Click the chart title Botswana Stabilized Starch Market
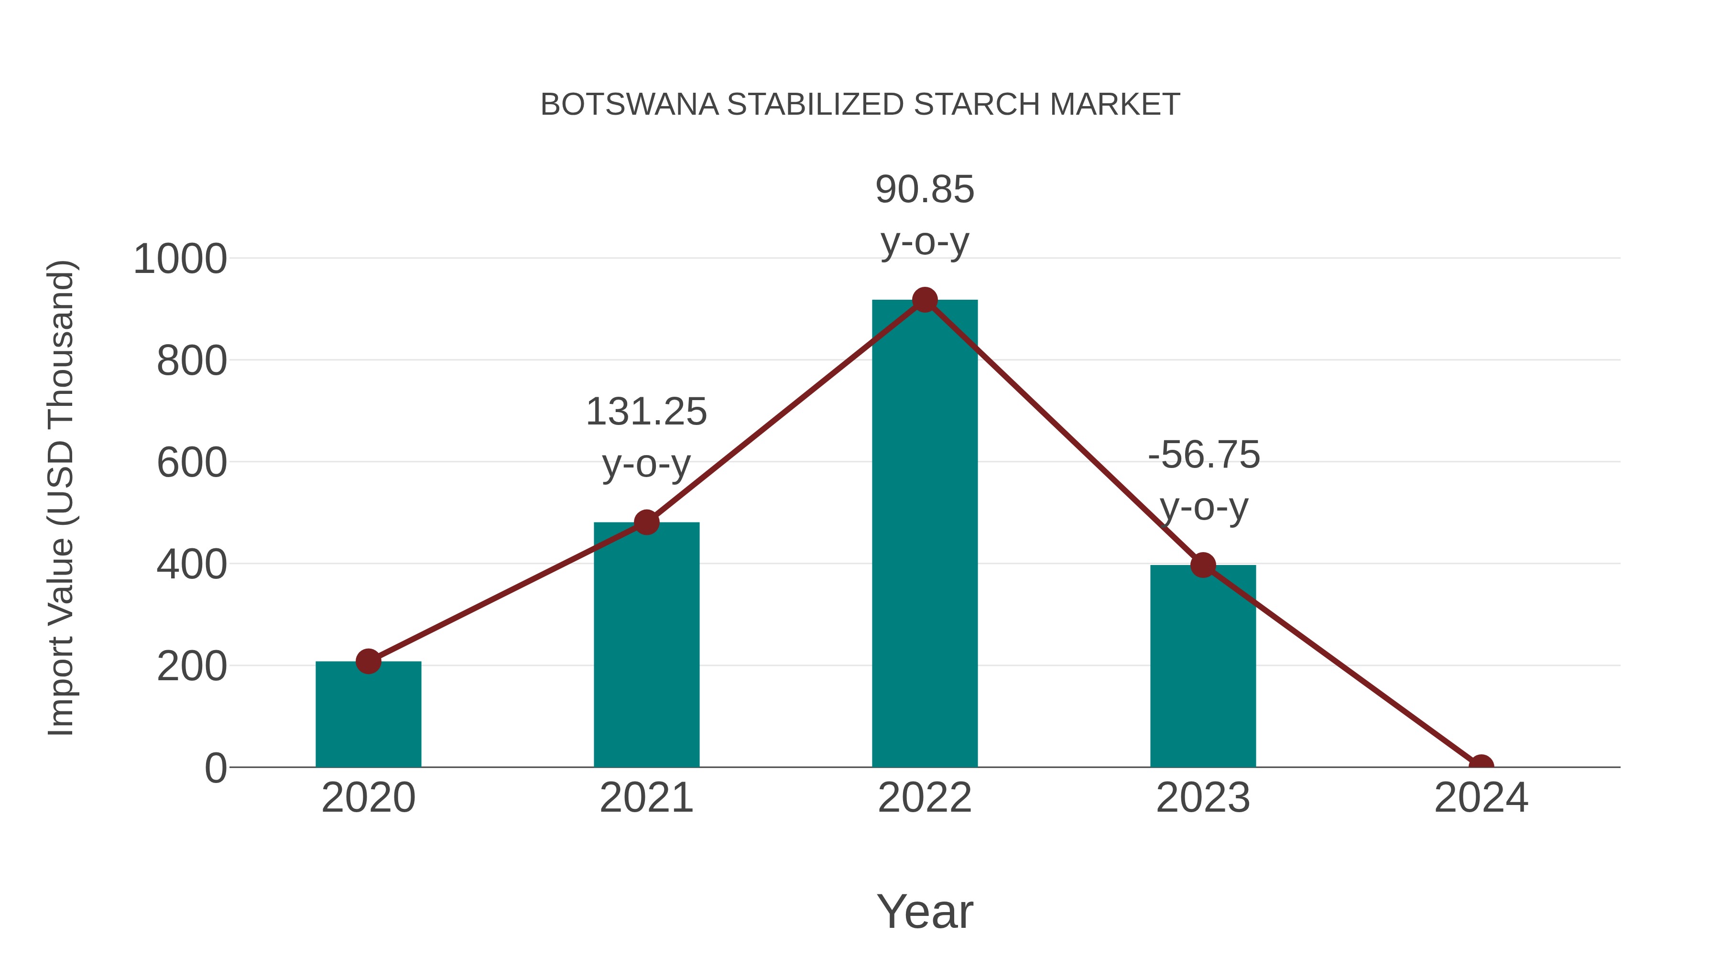(x=860, y=105)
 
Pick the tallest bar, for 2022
(x=925, y=534)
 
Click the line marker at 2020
(x=368, y=662)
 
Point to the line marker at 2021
(x=646, y=522)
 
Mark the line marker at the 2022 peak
(x=925, y=300)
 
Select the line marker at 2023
(x=1203, y=565)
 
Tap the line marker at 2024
(x=1481, y=766)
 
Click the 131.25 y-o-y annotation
(x=646, y=437)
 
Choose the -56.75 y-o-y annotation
(x=1204, y=480)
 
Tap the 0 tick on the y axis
(x=215, y=768)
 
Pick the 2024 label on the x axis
(x=1481, y=798)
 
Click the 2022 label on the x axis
(x=925, y=798)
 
